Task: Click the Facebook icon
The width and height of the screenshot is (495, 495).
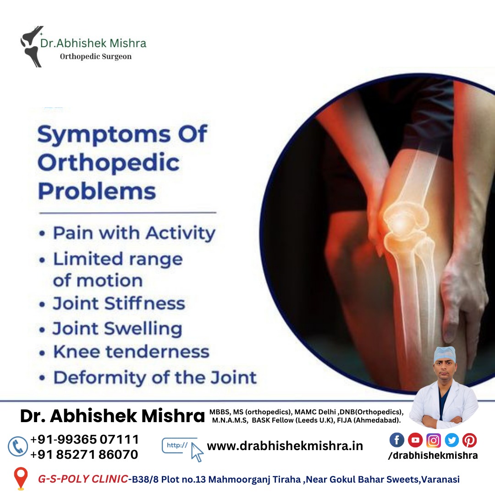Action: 397,440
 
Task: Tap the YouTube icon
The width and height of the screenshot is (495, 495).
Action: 415,440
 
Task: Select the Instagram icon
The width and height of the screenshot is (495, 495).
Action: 434,440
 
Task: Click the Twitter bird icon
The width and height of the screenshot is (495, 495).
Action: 452,440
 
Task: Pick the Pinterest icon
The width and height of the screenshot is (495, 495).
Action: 470,440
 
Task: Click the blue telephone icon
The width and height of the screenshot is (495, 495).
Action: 18,446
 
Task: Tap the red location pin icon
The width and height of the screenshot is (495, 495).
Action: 21,478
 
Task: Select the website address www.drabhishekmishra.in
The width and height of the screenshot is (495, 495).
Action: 285,446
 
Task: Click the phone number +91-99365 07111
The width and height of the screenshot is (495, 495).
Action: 84,439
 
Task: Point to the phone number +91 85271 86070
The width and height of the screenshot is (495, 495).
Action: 84,454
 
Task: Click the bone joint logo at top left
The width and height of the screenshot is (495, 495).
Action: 32,46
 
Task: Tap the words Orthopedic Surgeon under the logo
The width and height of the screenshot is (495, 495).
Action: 96,56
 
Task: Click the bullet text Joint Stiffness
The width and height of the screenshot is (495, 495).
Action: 119,303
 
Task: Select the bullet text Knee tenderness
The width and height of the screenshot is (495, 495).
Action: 132,352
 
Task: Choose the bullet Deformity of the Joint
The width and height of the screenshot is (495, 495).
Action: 155,377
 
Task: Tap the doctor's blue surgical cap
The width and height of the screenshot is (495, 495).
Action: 445,354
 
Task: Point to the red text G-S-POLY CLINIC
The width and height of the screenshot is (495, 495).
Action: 82,479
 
